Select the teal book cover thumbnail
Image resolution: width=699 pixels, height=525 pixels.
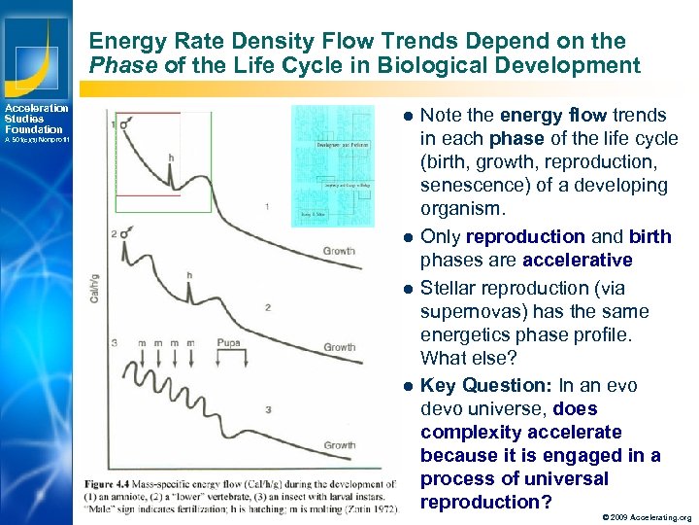pos(333,165)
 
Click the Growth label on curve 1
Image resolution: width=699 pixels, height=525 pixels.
pos(339,251)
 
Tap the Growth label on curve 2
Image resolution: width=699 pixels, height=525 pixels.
pos(339,347)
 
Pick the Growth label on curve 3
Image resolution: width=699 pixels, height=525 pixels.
pos(339,445)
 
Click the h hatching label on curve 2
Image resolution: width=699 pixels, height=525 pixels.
pos(189,275)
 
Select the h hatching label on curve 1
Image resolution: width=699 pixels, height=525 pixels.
pos(171,157)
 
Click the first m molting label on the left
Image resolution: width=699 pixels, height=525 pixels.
pos(143,343)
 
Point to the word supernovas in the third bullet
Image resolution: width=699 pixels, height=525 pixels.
pos(472,311)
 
